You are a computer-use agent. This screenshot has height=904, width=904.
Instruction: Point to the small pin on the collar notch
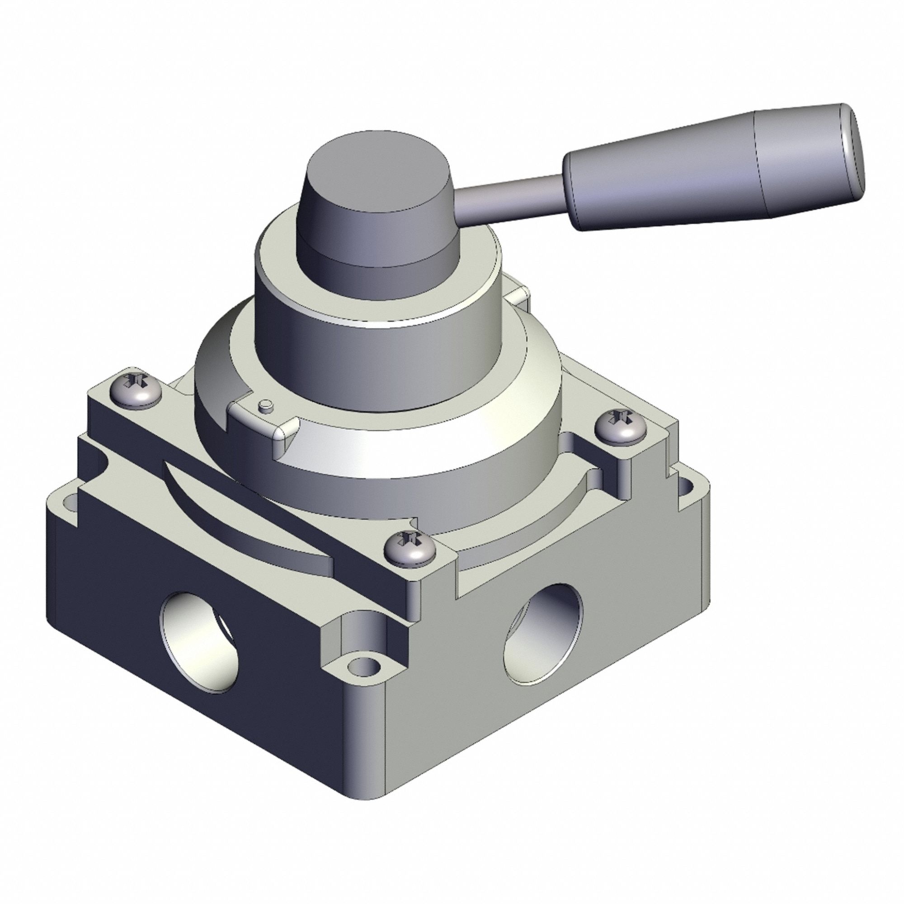265,405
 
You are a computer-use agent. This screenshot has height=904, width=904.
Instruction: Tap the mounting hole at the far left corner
70,503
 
